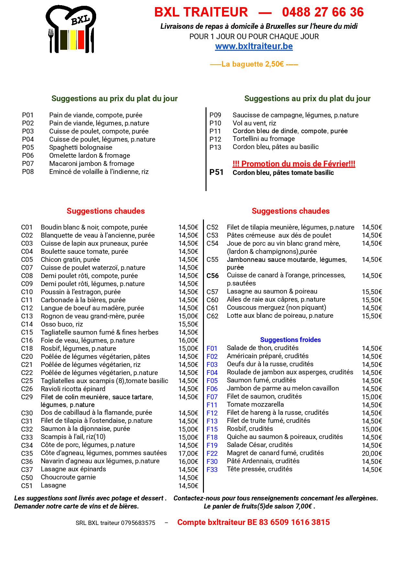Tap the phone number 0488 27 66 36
coord(323,12)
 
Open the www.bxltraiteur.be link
coord(254,46)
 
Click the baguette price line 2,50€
coord(254,64)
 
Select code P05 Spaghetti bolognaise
coord(28,147)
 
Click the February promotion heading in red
coord(294,164)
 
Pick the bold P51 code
coord(217,172)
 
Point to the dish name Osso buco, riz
coord(62,324)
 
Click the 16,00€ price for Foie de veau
coord(188,340)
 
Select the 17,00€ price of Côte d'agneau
coord(188,454)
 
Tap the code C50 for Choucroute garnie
coord(27,478)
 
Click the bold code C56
coord(213,276)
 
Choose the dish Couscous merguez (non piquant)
coord(276,307)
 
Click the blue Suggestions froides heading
coord(290,340)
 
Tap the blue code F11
coord(212,405)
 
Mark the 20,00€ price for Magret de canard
coord(372,454)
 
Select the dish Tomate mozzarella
coord(255,404)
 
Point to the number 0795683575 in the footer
coord(138,523)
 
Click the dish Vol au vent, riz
coord(254,123)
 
